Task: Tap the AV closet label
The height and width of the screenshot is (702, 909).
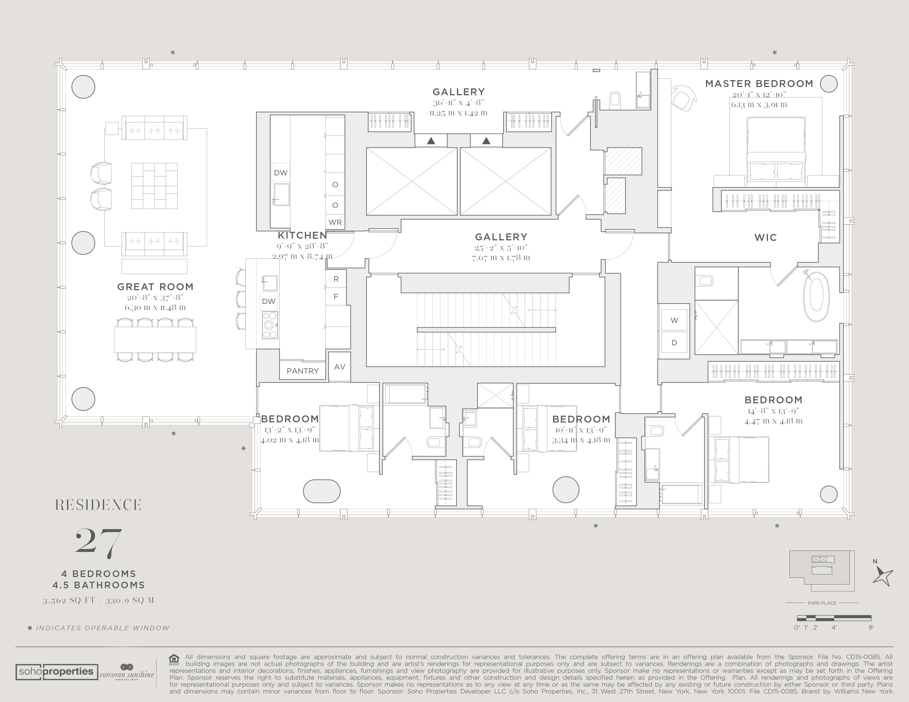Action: (340, 367)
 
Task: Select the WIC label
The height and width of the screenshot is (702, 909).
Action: (765, 238)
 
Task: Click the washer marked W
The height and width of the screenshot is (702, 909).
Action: (674, 320)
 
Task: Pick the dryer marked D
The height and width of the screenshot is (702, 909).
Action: (674, 343)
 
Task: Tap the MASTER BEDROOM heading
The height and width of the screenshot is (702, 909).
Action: (759, 84)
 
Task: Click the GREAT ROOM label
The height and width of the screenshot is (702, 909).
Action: (155, 287)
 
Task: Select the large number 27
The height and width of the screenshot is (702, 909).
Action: (99, 543)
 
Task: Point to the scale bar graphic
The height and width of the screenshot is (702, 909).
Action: (834, 618)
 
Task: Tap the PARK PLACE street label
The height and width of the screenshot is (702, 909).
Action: (822, 603)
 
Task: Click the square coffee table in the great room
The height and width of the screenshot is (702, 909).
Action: (155, 186)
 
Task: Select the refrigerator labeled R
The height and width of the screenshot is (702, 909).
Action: (336, 279)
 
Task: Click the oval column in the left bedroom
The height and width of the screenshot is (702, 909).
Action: (322, 491)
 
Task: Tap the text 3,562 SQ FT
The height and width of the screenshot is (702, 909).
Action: (69, 600)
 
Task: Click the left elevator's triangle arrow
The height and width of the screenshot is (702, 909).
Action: (431, 141)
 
